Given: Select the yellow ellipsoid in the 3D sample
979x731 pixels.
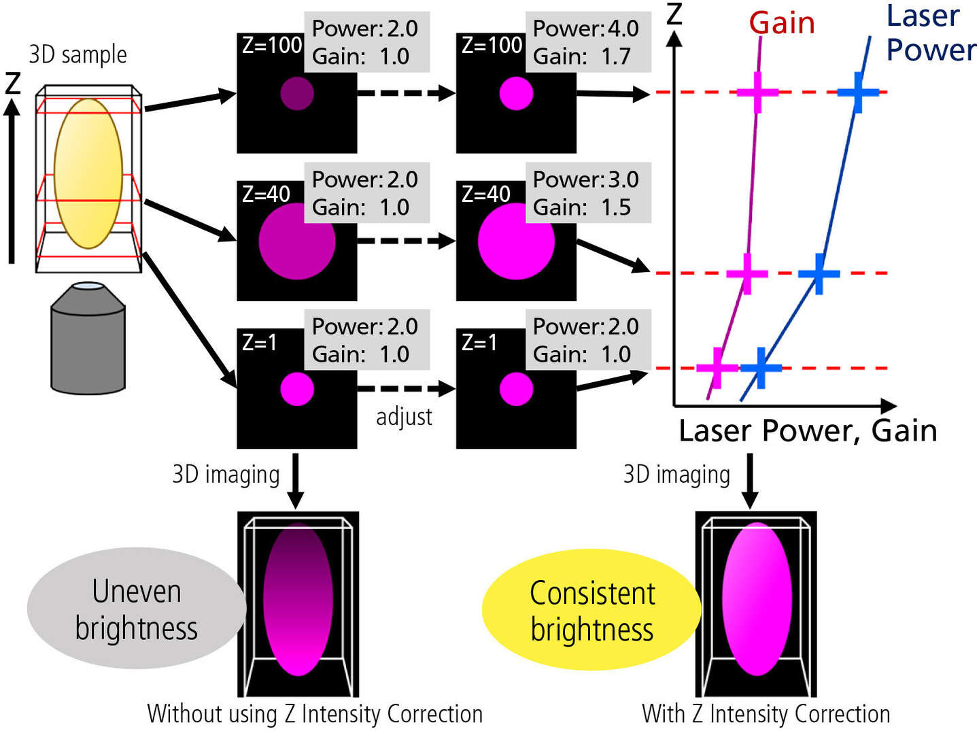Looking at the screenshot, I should point(88,173).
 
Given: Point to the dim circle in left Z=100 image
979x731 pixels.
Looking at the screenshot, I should point(297,93).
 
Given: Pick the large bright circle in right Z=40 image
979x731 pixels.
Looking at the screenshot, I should point(516,241).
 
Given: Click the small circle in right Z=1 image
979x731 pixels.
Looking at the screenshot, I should point(516,389).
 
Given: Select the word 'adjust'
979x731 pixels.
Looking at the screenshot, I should point(404,417).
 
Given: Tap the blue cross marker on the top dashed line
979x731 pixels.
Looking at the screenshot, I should point(858,92).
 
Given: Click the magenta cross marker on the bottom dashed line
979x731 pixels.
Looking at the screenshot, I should point(717,368).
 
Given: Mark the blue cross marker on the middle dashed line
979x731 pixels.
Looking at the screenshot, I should point(819,273).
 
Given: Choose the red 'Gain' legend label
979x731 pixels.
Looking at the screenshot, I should point(782,23).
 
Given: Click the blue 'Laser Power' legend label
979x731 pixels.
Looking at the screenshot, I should point(930,33).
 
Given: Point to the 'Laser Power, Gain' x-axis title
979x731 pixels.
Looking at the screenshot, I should point(808,431).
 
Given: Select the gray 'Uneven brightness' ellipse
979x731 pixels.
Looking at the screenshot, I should point(136,609).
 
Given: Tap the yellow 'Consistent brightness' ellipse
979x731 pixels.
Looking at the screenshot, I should point(591,610).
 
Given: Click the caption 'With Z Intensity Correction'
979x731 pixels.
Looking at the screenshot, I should point(766,714).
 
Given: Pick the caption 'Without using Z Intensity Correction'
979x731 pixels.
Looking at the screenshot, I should point(315,714).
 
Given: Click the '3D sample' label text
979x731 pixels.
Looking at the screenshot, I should point(78,54).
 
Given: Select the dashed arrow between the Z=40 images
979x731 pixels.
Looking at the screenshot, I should point(406,241).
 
